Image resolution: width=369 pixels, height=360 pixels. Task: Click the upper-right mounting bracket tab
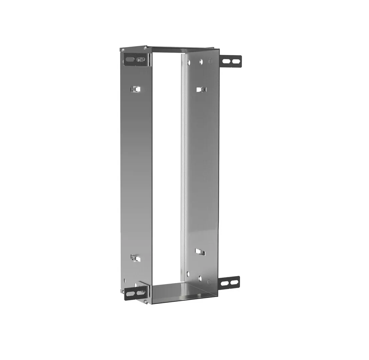[231, 61]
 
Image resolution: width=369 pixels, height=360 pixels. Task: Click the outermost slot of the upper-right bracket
[236, 61]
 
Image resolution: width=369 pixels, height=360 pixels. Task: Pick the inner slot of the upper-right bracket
[226, 61]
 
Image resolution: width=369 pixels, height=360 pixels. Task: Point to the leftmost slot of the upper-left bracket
[130, 60]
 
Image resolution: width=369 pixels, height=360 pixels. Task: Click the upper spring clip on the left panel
[135, 89]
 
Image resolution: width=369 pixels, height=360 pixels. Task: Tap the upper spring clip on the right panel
[201, 89]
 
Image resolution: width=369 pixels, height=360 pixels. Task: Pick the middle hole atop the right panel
[201, 61]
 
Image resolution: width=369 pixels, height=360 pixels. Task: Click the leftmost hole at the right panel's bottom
[189, 274]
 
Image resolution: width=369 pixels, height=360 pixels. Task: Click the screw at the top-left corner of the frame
[123, 50]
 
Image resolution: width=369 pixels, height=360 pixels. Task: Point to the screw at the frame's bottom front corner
[146, 302]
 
